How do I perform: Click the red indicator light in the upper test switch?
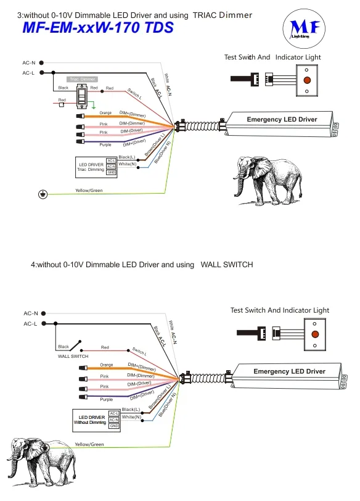pos(306,81)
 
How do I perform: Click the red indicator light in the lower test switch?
pos(316,334)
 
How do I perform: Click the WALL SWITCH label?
pos(73,356)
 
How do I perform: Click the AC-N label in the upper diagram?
pos(28,62)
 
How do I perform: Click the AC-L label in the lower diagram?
pos(31,323)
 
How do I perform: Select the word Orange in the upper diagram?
pos(105,113)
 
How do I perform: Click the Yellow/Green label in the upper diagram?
pos(89,191)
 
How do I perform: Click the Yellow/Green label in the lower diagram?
pos(89,444)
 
